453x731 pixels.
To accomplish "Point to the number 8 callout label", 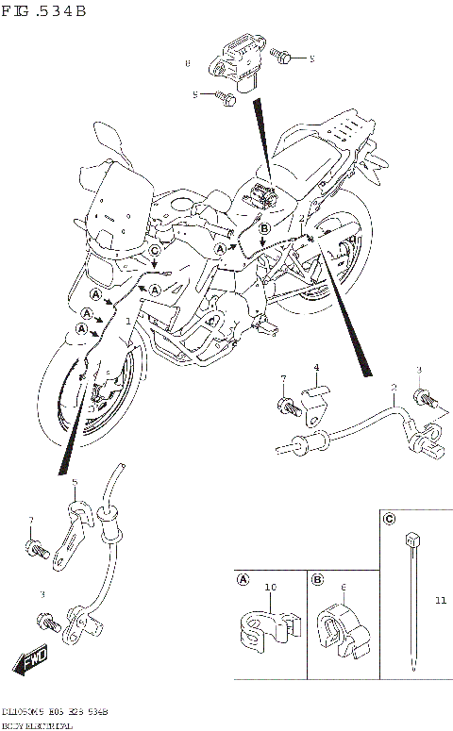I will click(x=188, y=63).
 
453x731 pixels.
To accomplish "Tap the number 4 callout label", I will click(x=316, y=367).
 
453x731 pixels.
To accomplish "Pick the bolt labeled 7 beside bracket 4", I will click(x=286, y=407).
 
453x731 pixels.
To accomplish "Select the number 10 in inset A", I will click(x=270, y=588).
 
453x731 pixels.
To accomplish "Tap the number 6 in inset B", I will click(x=344, y=588).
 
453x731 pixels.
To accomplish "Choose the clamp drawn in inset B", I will click(x=343, y=627).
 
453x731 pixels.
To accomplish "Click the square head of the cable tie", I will click(x=411, y=540).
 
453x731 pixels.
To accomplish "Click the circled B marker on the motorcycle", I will click(x=264, y=228).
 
